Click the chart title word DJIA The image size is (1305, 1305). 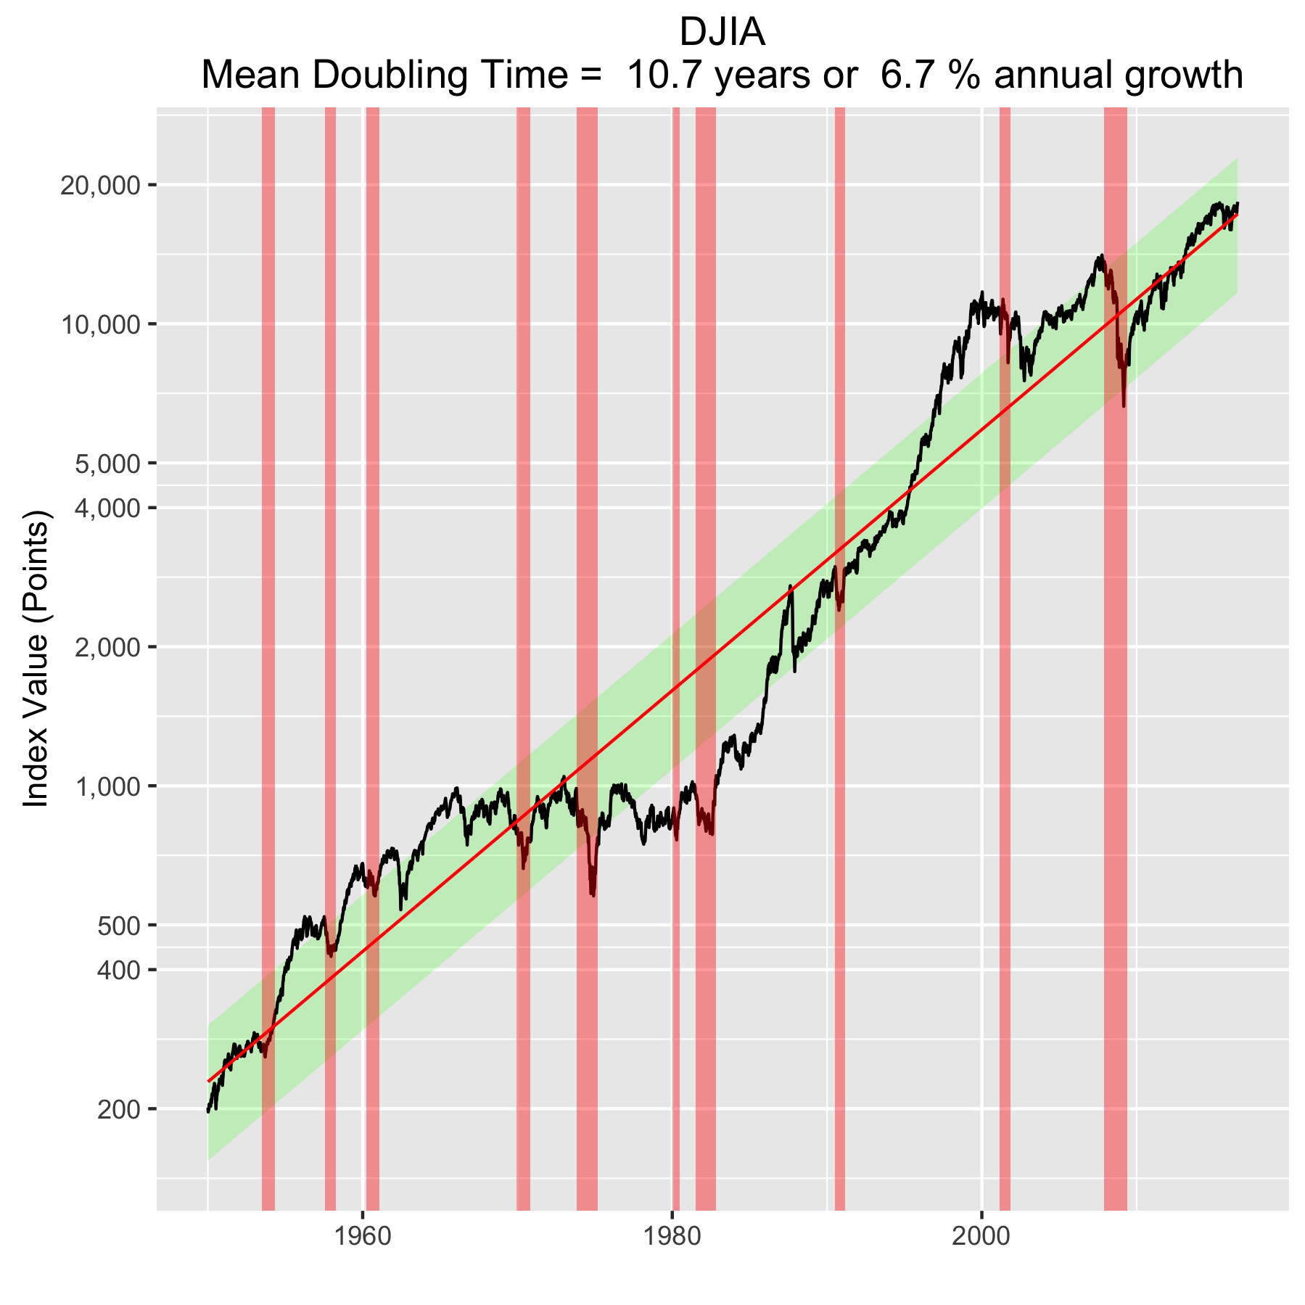(x=722, y=33)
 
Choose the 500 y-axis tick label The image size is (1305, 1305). (x=117, y=926)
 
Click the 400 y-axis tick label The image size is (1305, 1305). (x=117, y=970)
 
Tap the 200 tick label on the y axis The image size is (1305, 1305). (x=117, y=1109)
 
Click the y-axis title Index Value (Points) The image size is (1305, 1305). (x=36, y=659)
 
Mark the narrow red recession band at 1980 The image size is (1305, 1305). (x=676, y=435)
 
